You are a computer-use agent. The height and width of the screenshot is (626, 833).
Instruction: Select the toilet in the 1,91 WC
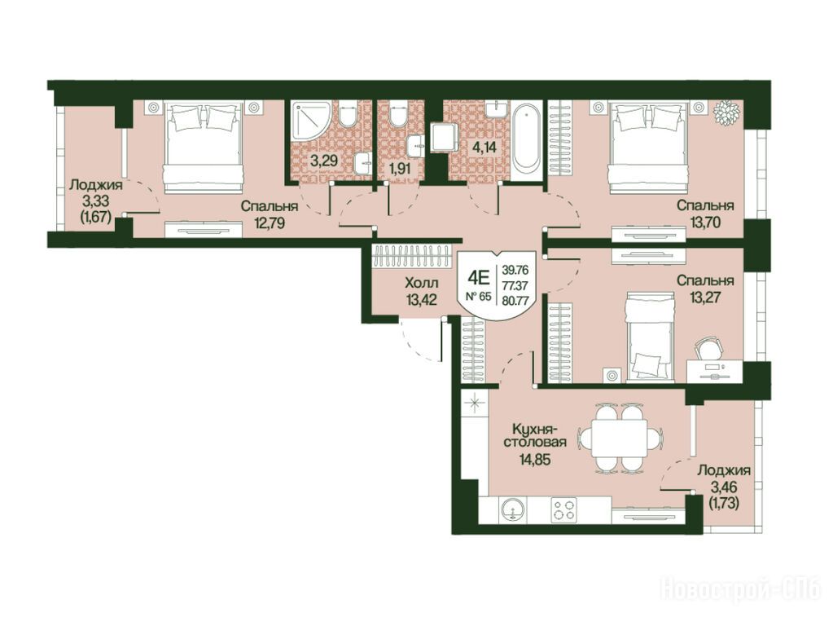[397, 116]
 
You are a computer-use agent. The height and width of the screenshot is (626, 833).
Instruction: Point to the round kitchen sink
[512, 510]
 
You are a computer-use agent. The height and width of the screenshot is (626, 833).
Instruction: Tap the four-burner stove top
[563, 509]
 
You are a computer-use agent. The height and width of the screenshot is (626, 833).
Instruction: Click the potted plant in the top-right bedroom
[727, 112]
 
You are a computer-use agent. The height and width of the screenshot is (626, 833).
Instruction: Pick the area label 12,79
[270, 223]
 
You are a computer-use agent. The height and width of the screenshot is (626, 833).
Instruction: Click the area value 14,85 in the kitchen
[535, 459]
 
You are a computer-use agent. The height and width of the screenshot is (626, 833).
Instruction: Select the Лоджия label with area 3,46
[724, 470]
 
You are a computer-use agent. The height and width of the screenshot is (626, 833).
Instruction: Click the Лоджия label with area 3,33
[95, 185]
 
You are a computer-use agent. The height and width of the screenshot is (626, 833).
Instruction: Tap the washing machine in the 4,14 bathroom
[444, 137]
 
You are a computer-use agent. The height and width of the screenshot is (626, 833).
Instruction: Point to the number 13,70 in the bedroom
[705, 223]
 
